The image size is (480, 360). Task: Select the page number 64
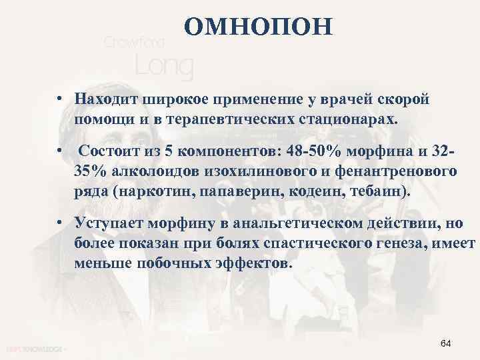click(x=446, y=343)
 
